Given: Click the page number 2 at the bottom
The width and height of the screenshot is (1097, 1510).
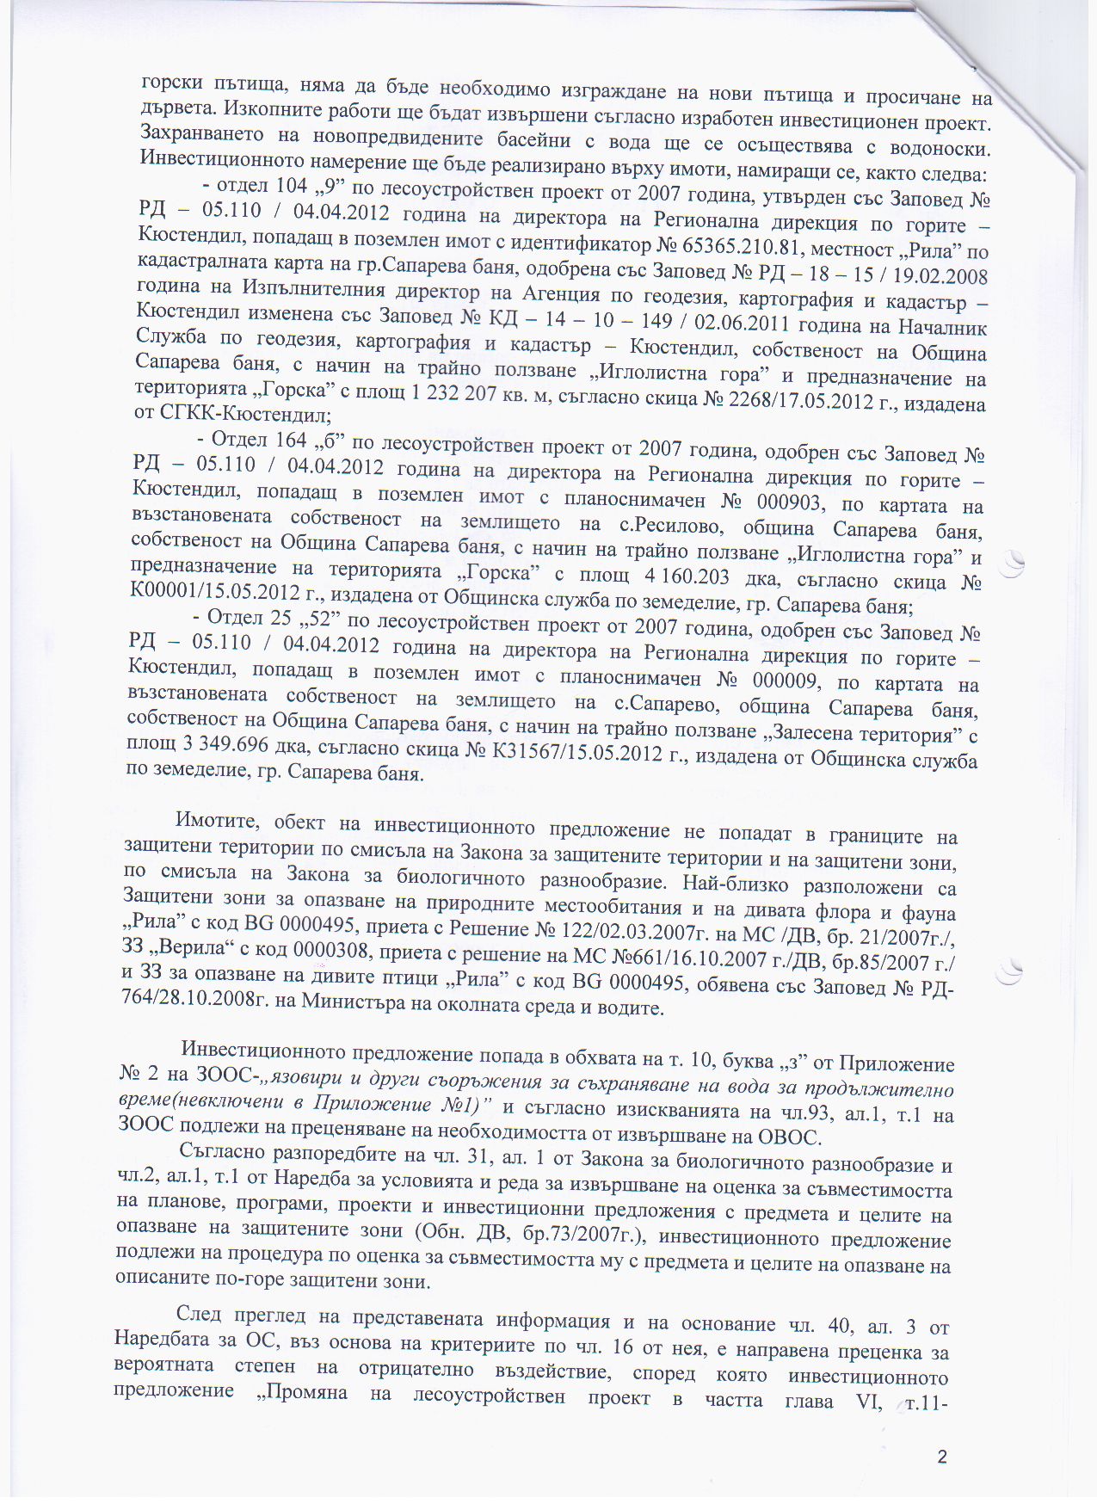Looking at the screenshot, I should (x=942, y=1457).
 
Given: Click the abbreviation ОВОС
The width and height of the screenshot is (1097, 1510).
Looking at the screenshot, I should (x=785, y=1137).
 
